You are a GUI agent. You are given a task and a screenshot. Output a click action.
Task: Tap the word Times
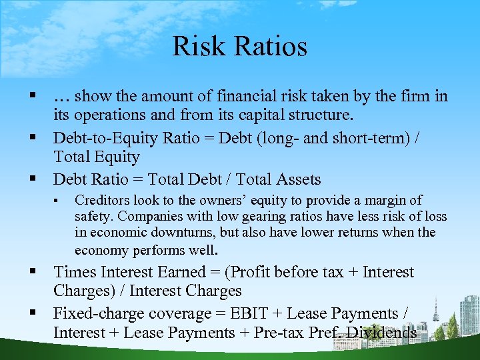[x=75, y=272]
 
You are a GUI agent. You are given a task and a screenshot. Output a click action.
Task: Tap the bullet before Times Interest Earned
[x=32, y=272]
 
